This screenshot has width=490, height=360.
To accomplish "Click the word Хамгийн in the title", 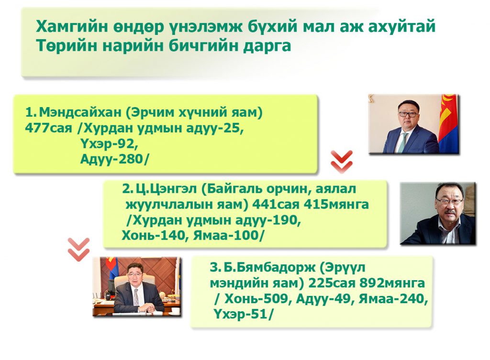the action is click(73, 26).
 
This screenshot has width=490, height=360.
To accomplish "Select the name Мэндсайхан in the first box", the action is click(81, 112).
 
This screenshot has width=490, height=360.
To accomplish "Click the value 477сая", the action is click(48, 128).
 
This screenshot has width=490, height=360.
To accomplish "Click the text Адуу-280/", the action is click(114, 159).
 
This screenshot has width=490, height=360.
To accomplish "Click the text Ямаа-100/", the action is click(228, 235).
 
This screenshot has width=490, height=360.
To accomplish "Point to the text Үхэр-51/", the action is click(243, 314).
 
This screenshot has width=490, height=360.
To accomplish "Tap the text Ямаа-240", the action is click(393, 299).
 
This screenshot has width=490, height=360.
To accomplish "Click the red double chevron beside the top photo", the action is click(342, 162).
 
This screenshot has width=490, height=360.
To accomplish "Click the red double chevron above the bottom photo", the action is click(79, 250).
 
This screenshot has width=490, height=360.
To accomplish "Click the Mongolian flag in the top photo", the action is click(448, 123).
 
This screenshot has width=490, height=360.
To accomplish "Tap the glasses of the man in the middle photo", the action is click(450, 201).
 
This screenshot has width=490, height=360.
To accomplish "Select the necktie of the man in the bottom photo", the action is click(136, 297).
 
